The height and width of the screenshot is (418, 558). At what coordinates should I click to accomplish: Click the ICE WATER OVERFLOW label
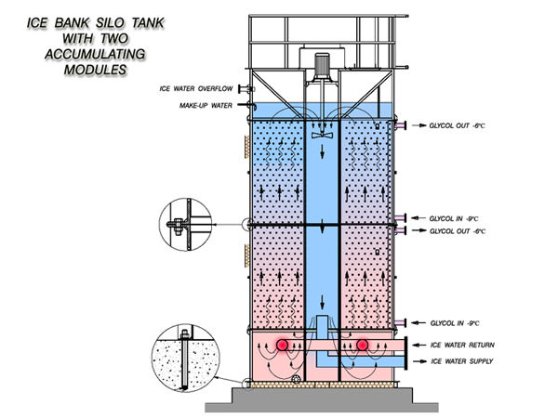pos(196,88)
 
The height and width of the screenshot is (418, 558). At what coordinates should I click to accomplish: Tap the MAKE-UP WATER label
pos(206,106)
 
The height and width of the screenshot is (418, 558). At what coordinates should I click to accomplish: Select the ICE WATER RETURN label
pos(462,345)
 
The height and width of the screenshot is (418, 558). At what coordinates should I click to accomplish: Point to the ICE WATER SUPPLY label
pos(462,361)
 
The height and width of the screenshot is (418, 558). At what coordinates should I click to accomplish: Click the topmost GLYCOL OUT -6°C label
pos(458,125)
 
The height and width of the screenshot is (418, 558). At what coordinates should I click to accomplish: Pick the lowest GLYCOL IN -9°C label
pos(455,323)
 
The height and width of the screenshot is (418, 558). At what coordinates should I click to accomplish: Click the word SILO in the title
pos(110,22)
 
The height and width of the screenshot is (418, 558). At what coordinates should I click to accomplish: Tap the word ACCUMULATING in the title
pos(95,54)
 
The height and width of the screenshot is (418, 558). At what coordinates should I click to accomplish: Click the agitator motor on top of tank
pos(323,66)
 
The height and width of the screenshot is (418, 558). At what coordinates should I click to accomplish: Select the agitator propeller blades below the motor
pos(322,135)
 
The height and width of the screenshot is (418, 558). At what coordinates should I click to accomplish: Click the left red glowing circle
pos(283,345)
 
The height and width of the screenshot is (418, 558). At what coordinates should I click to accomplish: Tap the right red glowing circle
pos(363,345)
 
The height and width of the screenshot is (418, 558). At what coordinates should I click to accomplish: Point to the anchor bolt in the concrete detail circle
pos(185,359)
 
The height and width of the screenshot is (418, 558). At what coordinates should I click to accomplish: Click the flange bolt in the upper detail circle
pos(177,225)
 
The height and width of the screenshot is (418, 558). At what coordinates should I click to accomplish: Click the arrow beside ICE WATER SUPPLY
pos(420,361)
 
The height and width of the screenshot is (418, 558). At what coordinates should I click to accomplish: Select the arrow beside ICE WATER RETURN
pos(418,345)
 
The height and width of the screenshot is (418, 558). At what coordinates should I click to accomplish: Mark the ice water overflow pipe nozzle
pos(246,89)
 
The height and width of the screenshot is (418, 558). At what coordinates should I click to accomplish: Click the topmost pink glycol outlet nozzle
pos(400,125)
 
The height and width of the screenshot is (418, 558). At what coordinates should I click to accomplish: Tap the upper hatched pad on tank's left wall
pos(246,147)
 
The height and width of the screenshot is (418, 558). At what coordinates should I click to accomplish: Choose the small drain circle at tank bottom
pos(296,379)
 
